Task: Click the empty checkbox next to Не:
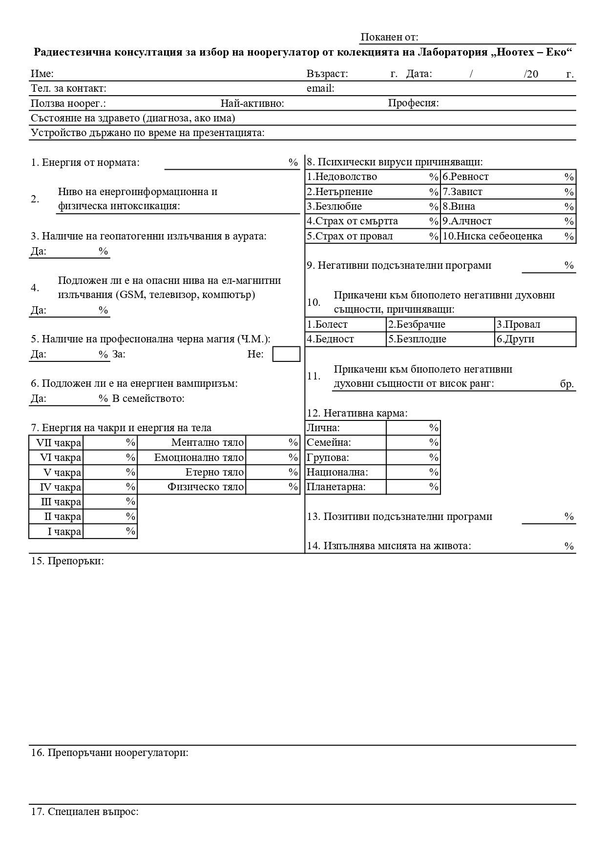pos(286,354)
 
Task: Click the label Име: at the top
pos(42,74)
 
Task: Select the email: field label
pos(320,89)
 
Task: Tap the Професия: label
pos(413,103)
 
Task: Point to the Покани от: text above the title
pos(389,38)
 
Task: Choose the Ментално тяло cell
pos(207,443)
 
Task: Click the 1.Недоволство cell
pos(342,177)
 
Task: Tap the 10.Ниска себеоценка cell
pos(492,237)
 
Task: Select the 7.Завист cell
pos(462,192)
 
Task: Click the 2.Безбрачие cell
pos(417,325)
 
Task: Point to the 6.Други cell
pos(516,339)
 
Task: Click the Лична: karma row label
pos(323,428)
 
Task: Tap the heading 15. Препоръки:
pos(67,561)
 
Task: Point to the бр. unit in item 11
pos(567,384)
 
